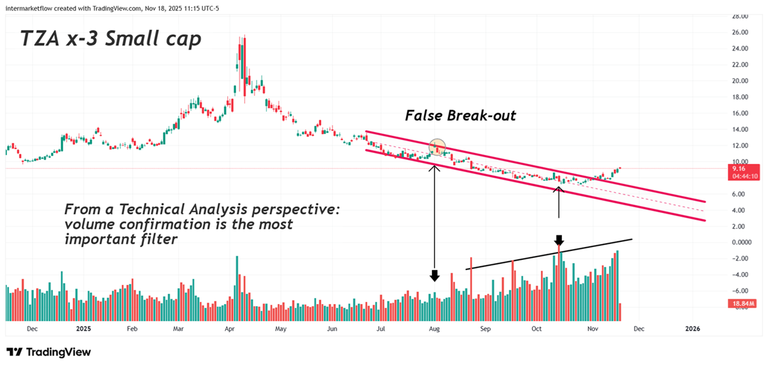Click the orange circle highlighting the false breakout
click(438, 147)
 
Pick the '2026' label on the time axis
click(692, 329)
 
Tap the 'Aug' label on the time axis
click(434, 329)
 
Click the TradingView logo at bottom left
click(49, 352)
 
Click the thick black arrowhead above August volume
click(435, 276)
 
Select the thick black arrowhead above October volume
click(559, 241)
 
